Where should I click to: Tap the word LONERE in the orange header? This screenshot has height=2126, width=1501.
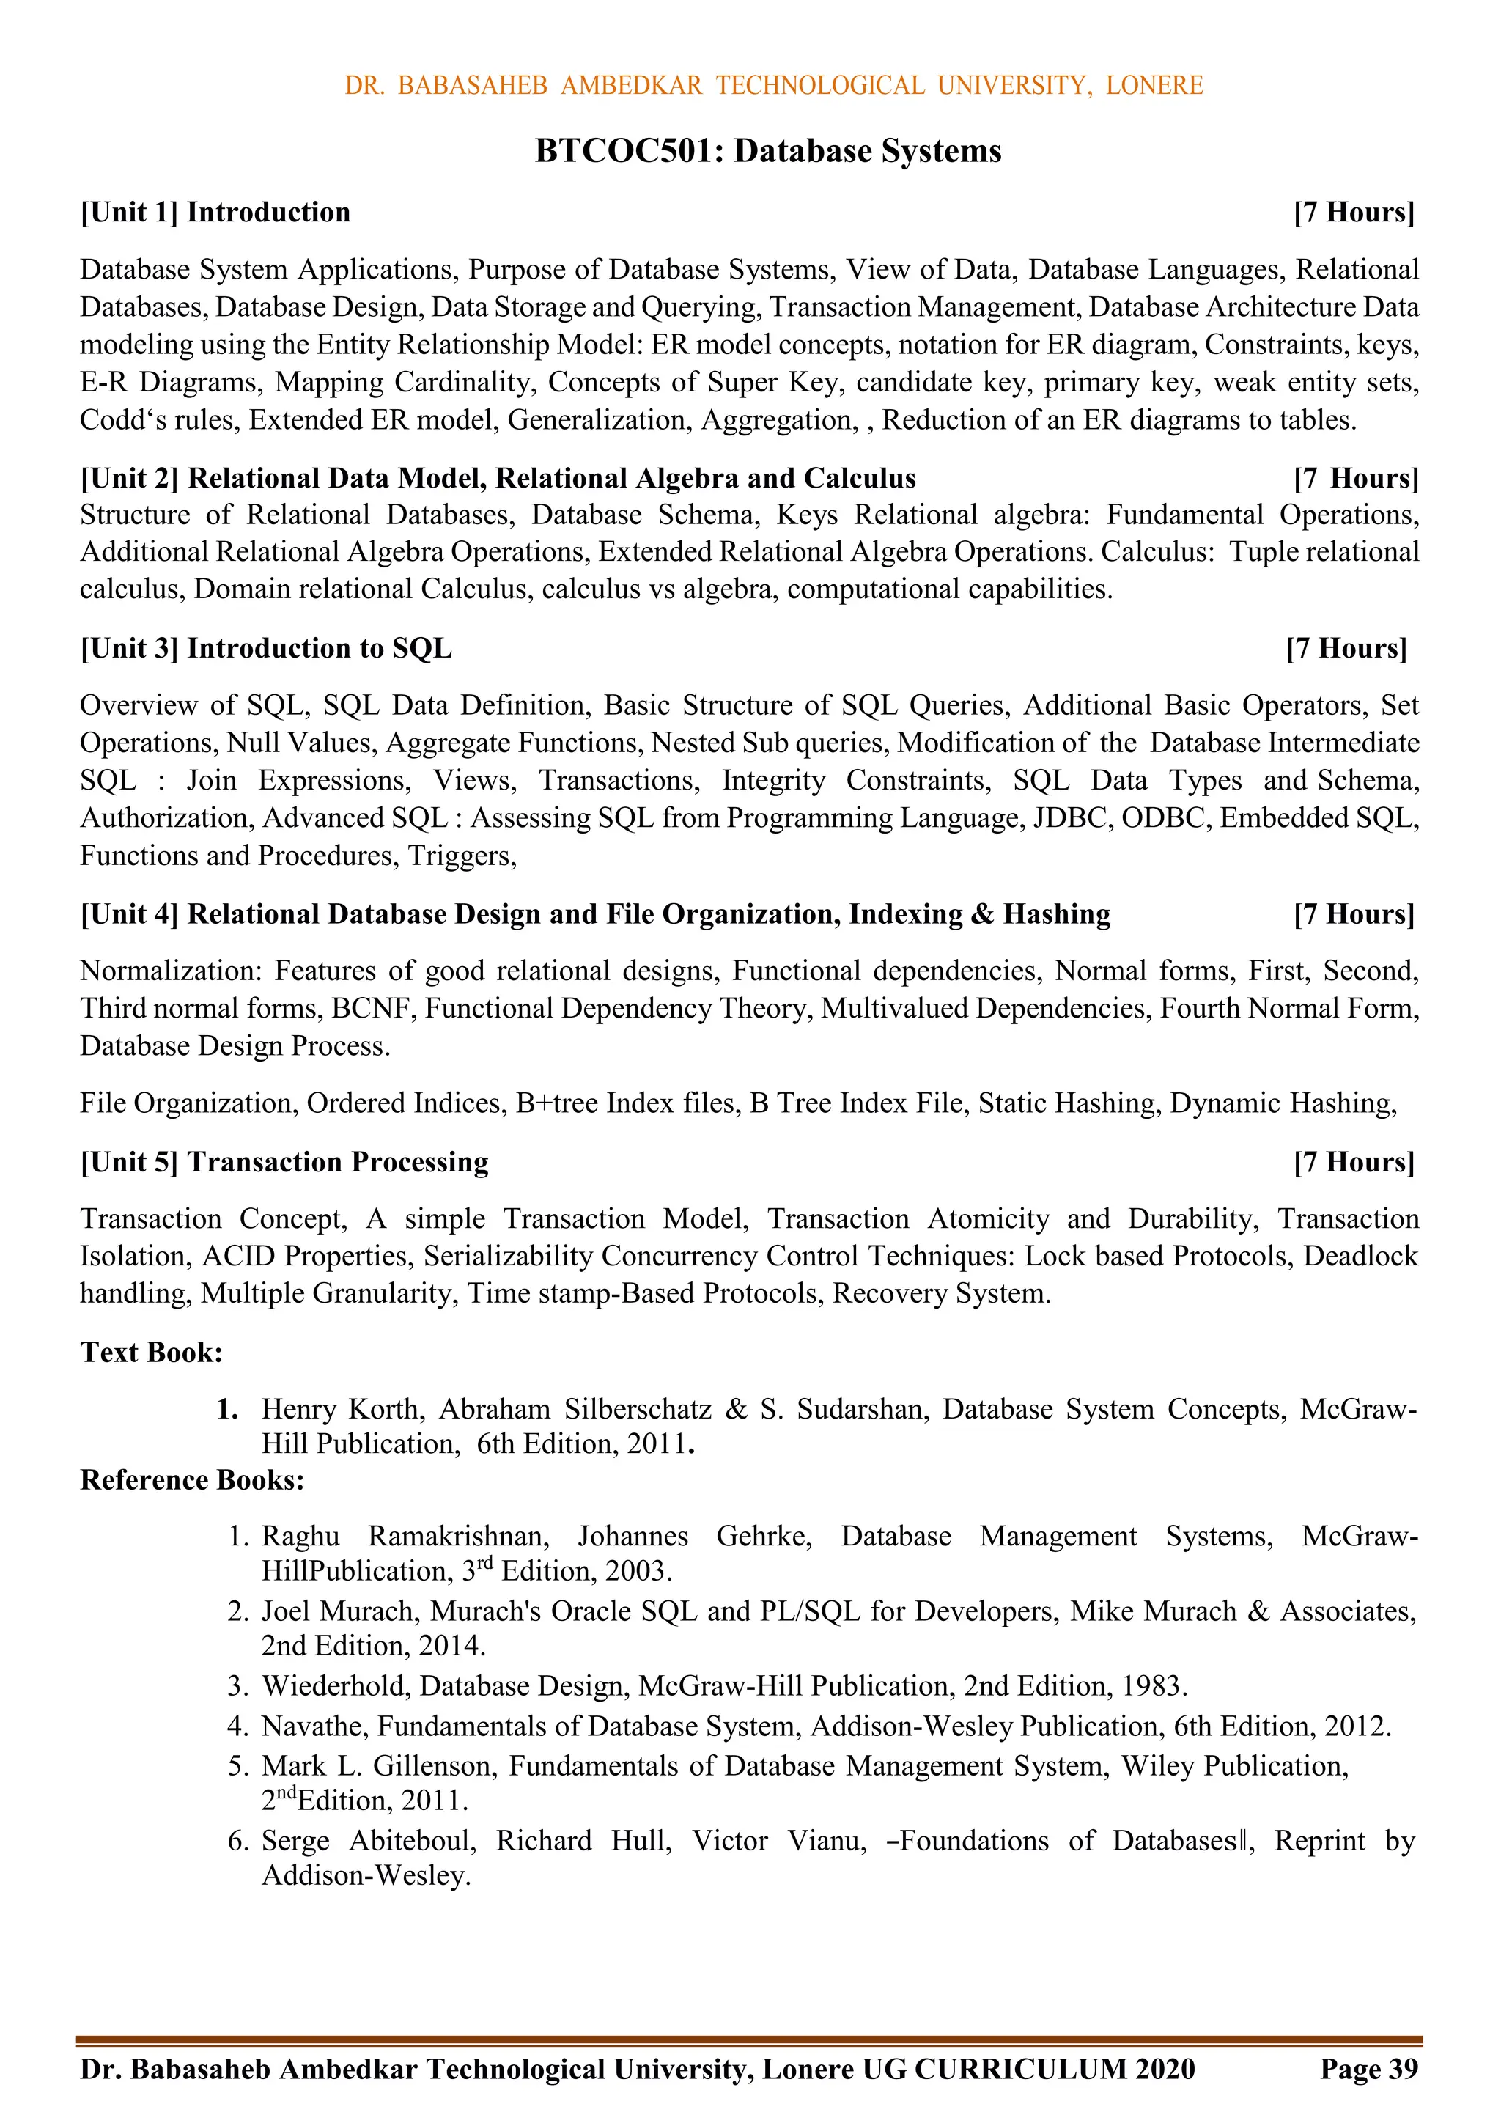1154,85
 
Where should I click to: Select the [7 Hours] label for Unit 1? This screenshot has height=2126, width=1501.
1354,212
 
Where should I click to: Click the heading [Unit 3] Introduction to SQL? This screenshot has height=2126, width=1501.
267,648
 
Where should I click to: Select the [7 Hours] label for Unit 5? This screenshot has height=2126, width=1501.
1354,1162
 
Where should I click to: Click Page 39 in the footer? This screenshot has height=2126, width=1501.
1368,2070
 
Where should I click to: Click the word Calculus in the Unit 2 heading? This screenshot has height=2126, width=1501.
859,479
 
